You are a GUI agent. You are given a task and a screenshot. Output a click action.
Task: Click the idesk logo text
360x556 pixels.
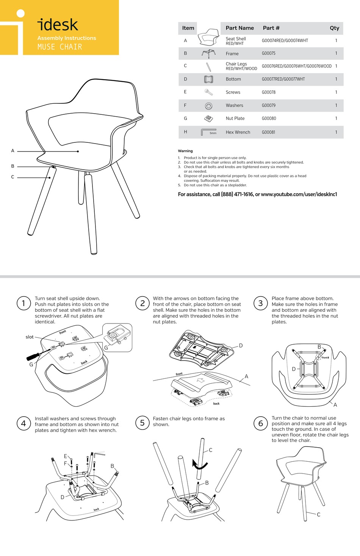click(58, 25)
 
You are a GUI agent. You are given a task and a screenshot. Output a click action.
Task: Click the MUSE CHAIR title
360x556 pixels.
click(59, 47)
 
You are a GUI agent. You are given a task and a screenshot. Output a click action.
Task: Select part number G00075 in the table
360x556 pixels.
click(268, 53)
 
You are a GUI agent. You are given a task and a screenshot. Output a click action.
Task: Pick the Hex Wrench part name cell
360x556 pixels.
click(238, 132)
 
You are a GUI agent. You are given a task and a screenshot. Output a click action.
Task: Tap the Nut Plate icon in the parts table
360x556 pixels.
click(208, 119)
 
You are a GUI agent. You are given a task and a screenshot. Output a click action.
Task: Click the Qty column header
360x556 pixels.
click(334, 28)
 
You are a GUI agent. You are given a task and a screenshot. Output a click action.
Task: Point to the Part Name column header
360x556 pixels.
click(239, 28)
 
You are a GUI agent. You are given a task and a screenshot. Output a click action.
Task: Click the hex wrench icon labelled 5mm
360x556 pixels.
click(208, 132)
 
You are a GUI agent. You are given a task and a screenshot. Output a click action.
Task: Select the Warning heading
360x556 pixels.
click(185, 151)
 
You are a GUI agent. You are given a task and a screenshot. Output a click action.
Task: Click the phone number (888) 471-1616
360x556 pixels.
click(237, 194)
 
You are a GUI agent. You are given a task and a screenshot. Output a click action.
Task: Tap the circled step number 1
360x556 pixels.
click(23, 303)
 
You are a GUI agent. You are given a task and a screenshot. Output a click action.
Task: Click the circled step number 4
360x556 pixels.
click(23, 423)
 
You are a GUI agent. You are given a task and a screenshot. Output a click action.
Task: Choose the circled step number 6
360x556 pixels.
click(260, 423)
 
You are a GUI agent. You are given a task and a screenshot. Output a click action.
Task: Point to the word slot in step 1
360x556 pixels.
click(30, 337)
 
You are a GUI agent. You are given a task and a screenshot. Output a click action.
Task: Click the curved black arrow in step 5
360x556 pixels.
click(199, 465)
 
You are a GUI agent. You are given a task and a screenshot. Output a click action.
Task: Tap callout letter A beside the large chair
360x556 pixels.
click(13, 151)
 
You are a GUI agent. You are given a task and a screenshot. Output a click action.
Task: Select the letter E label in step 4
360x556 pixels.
click(65, 456)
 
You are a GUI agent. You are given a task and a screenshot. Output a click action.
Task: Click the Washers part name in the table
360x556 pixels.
click(234, 106)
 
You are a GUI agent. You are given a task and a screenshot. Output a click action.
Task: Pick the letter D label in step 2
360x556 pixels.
click(241, 345)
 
